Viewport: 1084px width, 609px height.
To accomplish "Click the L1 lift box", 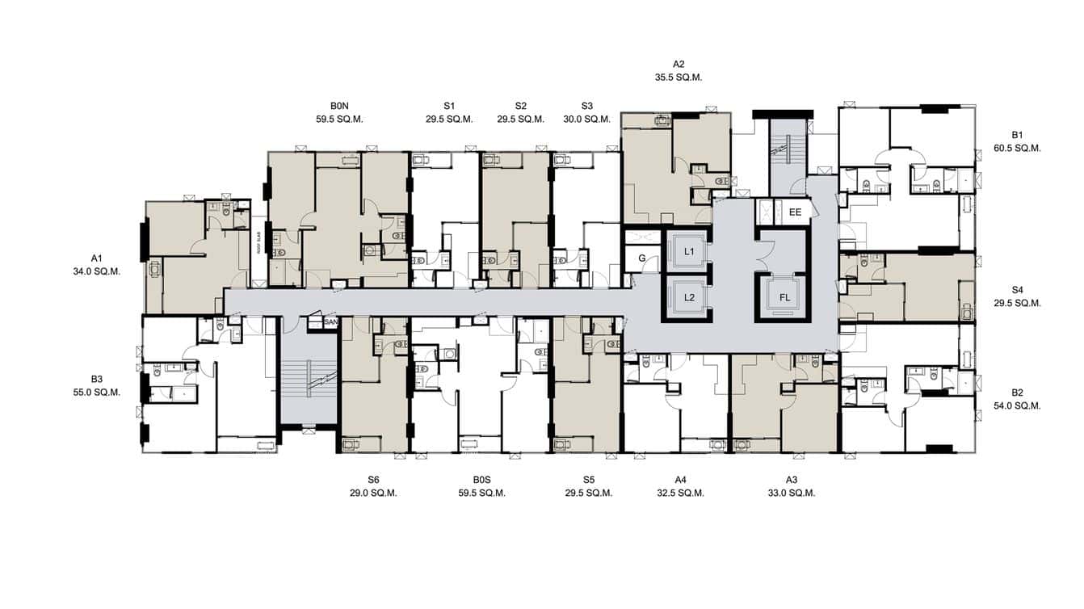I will (688, 251).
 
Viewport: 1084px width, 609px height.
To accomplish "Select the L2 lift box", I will (688, 297).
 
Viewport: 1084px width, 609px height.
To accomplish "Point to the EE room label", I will (795, 212).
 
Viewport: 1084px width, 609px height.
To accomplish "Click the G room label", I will (641, 258).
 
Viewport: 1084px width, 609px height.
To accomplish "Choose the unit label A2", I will (679, 64).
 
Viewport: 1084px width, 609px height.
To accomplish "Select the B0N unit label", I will (339, 106).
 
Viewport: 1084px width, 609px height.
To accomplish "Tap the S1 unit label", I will (449, 106).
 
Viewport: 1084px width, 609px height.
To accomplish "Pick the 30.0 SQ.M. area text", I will (586, 120).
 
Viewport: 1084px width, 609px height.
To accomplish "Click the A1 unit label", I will (96, 258).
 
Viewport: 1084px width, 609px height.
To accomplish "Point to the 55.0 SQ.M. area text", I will (96, 393).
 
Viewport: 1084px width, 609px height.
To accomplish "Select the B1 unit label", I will (1017, 135).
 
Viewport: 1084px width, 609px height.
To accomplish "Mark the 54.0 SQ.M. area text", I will (1017, 406).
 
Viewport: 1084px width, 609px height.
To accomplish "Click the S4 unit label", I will (1017, 289).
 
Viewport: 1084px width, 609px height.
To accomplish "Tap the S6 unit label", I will (373, 480).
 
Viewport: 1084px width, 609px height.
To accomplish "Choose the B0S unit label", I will (481, 480).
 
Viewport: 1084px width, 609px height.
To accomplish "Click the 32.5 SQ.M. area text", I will (680, 493).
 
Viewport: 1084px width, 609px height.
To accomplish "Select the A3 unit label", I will (791, 480).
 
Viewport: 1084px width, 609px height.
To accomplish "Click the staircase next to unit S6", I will (308, 380).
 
